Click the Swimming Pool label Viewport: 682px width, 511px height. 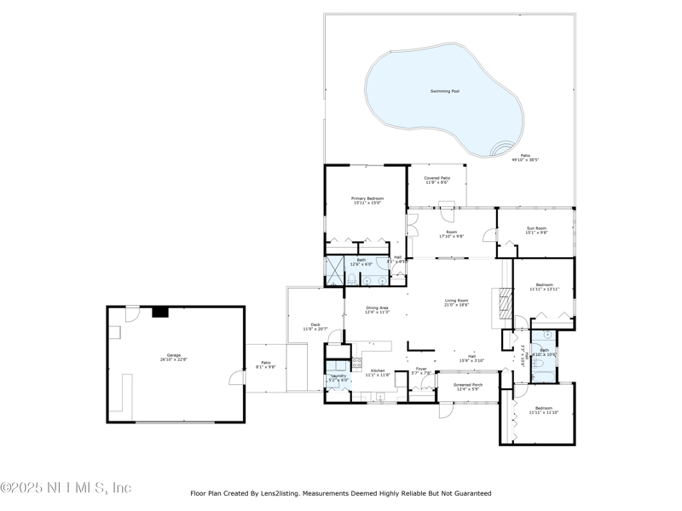click(x=444, y=91)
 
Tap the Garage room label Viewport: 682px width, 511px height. click(x=174, y=356)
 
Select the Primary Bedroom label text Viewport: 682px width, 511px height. click(x=367, y=200)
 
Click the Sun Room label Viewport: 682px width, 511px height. click(x=536, y=230)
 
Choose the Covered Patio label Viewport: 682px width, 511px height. click(x=436, y=180)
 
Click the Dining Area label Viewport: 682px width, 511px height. click(x=377, y=310)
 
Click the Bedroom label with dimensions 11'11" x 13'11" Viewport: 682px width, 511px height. click(x=544, y=286)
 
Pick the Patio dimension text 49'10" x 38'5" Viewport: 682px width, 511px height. click(x=525, y=159)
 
